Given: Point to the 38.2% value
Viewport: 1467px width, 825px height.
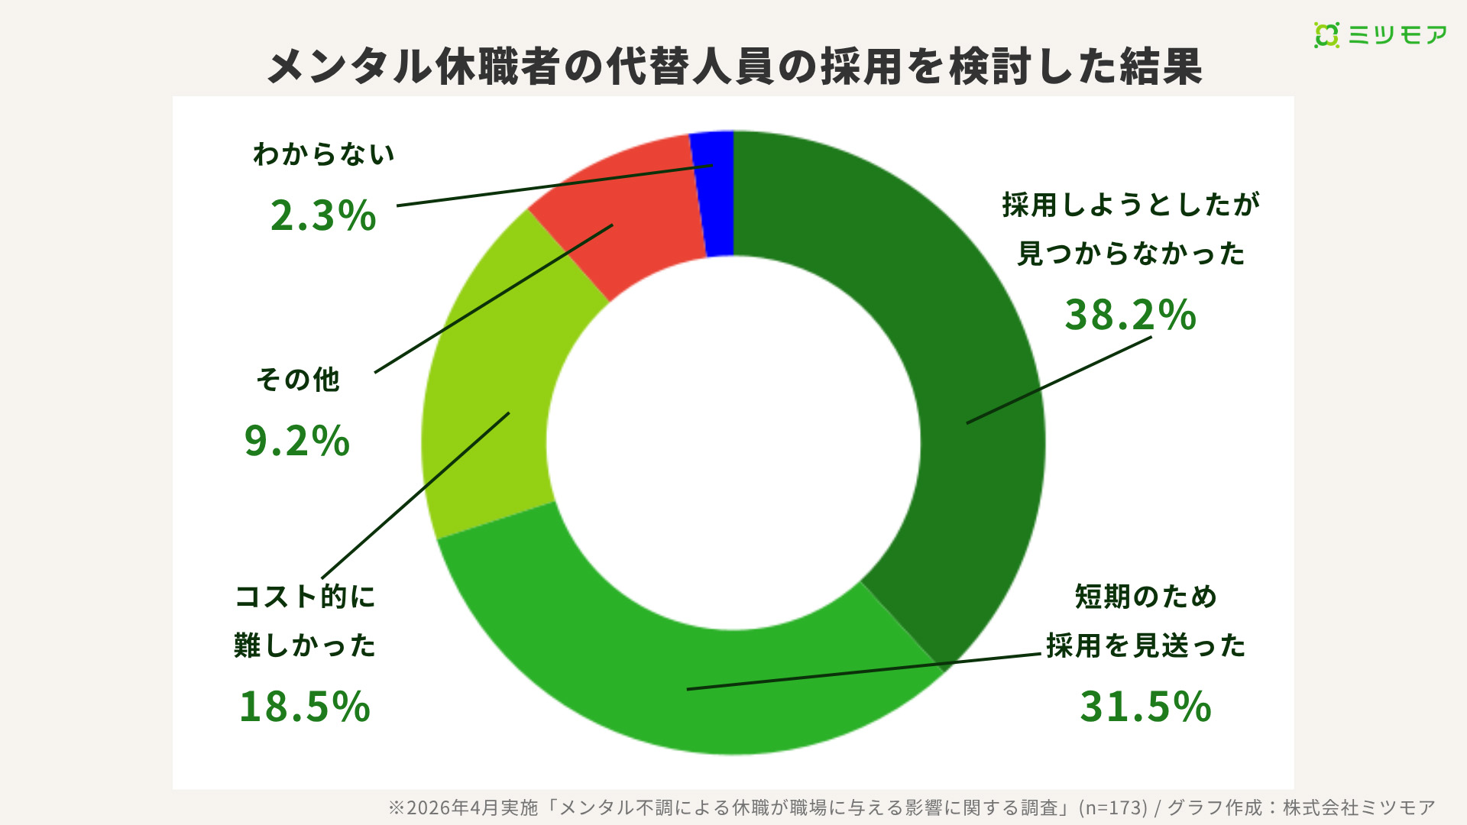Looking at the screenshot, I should pyautogui.click(x=1130, y=315).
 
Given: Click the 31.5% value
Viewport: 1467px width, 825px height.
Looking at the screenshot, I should pyautogui.click(x=1145, y=706).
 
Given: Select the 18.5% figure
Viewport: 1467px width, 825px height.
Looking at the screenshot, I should pyautogui.click(x=304, y=706).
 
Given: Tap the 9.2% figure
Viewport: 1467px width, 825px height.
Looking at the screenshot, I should pyautogui.click(x=296, y=441).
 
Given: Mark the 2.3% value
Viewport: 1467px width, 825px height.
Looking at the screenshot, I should pyautogui.click(x=323, y=215).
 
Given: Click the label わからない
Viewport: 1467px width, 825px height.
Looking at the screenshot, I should pyautogui.click(x=323, y=154).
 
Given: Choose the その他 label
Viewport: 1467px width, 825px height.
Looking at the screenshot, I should pyautogui.click(x=297, y=380).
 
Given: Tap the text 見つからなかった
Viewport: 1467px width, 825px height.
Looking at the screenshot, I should pyautogui.click(x=1131, y=254).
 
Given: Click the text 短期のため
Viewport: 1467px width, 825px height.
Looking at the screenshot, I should pyautogui.click(x=1145, y=597).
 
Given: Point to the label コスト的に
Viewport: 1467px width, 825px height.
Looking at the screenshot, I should pyautogui.click(x=305, y=597).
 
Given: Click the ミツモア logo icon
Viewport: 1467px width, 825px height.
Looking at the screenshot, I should pyautogui.click(x=1326, y=35).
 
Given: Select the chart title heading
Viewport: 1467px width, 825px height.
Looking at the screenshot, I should pyautogui.click(x=733, y=66).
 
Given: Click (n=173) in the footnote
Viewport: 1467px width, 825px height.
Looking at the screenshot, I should pyautogui.click(x=1112, y=807).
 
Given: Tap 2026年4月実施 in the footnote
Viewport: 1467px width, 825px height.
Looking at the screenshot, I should pyautogui.click(x=472, y=807).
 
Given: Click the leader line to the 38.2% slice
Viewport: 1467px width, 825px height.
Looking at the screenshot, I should pyautogui.click(x=1059, y=380).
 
